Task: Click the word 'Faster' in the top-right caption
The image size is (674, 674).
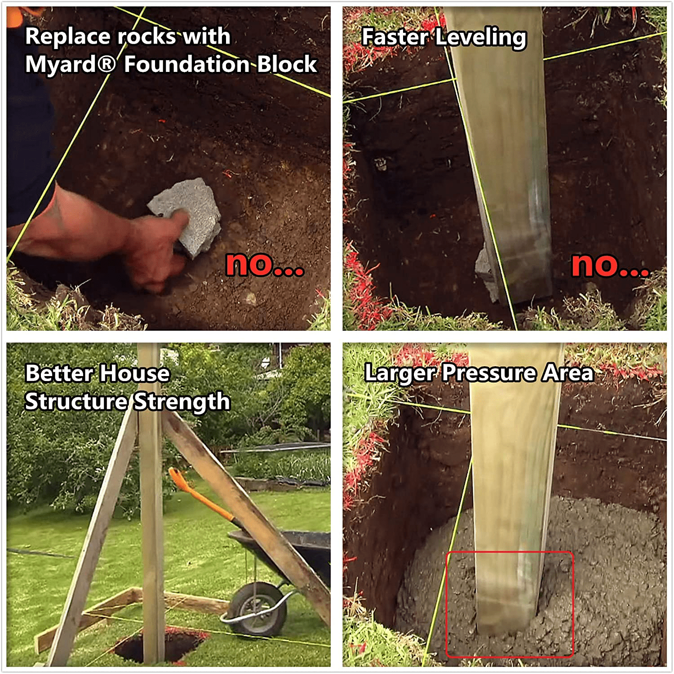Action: pos(395,36)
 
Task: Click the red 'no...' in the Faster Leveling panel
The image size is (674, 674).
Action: pos(610,265)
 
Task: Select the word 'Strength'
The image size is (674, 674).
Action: pos(182,401)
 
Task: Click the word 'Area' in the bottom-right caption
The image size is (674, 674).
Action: pos(568,373)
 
